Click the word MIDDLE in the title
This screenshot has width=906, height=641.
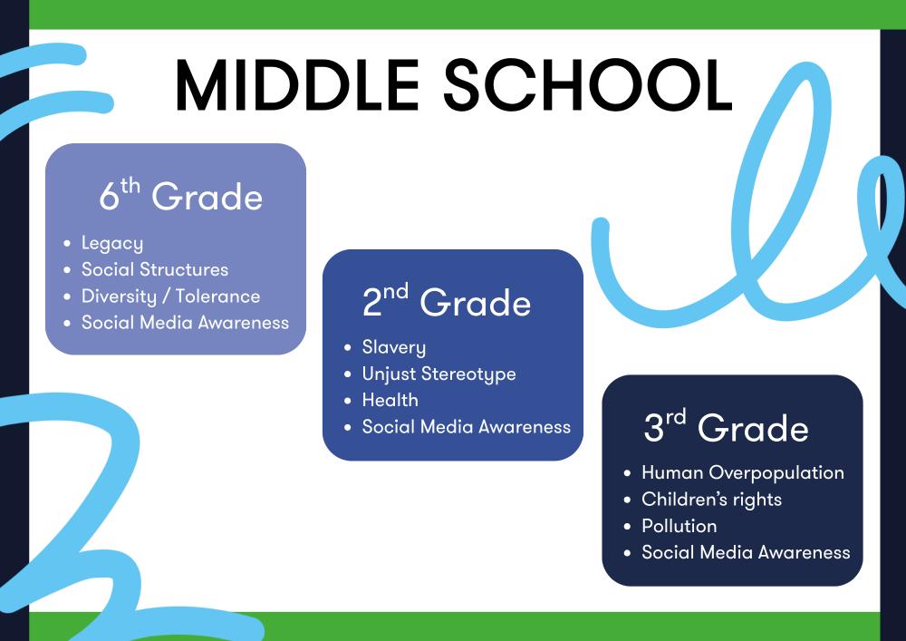pyautogui.click(x=297, y=85)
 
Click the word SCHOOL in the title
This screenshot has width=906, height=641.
pyautogui.click(x=588, y=85)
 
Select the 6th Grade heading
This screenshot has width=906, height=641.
pyautogui.click(x=181, y=195)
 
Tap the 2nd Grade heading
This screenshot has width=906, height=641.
pyautogui.click(x=446, y=301)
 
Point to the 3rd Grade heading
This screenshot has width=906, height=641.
pyautogui.click(x=726, y=426)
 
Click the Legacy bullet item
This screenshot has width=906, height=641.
pyautogui.click(x=112, y=243)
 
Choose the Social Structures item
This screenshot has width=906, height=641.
pyautogui.click(x=155, y=269)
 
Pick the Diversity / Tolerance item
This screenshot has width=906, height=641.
pyautogui.click(x=170, y=296)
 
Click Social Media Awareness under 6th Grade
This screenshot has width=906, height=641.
pyautogui.click(x=185, y=323)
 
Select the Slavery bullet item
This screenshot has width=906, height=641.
pyautogui.click(x=393, y=347)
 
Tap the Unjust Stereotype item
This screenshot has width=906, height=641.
pyautogui.click(x=439, y=374)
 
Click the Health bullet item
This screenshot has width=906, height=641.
pyautogui.click(x=390, y=400)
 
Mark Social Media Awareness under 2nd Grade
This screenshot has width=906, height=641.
pyautogui.click(x=467, y=426)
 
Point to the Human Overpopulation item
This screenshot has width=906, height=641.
pyautogui.click(x=743, y=472)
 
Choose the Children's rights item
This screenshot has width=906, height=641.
pyautogui.click(x=711, y=500)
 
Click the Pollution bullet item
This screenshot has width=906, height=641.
pyautogui.click(x=679, y=526)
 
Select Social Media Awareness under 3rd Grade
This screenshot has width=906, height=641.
pyautogui.click(x=746, y=552)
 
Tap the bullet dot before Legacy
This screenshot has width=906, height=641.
pyautogui.click(x=68, y=243)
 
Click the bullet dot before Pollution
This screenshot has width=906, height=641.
pyautogui.click(x=628, y=526)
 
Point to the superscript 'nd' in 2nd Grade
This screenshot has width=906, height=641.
pyautogui.click(x=396, y=291)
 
